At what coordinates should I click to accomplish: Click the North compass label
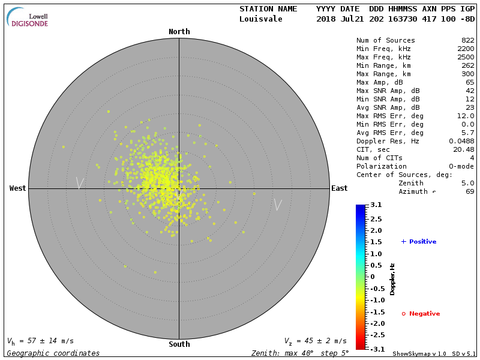point(179,32)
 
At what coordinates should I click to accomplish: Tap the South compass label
point(179,344)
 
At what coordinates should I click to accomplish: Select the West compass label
point(18,188)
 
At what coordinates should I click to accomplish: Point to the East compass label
point(339,188)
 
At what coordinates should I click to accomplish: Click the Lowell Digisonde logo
point(28,18)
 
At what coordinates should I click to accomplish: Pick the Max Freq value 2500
point(466,57)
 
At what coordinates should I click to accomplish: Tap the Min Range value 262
point(467,65)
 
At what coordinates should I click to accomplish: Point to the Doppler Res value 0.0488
point(461,141)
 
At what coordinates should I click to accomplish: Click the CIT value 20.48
point(463,149)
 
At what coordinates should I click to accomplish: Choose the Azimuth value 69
point(470,191)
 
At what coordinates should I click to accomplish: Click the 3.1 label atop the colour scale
point(376,205)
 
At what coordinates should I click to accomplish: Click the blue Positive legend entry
point(419,242)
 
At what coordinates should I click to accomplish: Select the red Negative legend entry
point(421,314)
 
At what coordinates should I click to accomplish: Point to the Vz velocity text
point(315,341)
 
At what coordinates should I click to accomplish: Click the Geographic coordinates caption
point(53,353)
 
